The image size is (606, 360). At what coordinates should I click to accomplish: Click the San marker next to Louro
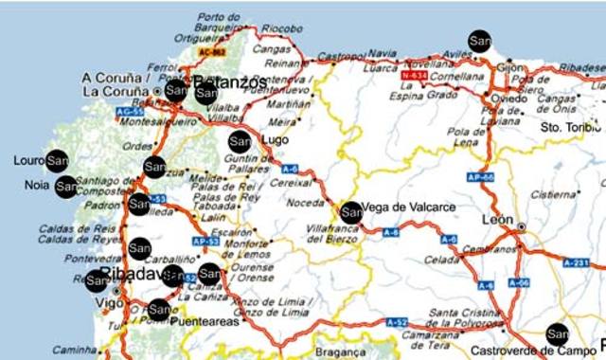(58, 160)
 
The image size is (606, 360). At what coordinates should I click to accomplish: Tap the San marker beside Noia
(65, 186)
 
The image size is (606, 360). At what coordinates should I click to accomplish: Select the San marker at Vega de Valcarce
(350, 212)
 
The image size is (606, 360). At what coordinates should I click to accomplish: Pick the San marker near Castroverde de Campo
(558, 333)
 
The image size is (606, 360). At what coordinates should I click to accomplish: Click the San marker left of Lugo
(240, 141)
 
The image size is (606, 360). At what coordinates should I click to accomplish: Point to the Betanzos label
(231, 83)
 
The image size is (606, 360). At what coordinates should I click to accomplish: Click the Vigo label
(111, 302)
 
